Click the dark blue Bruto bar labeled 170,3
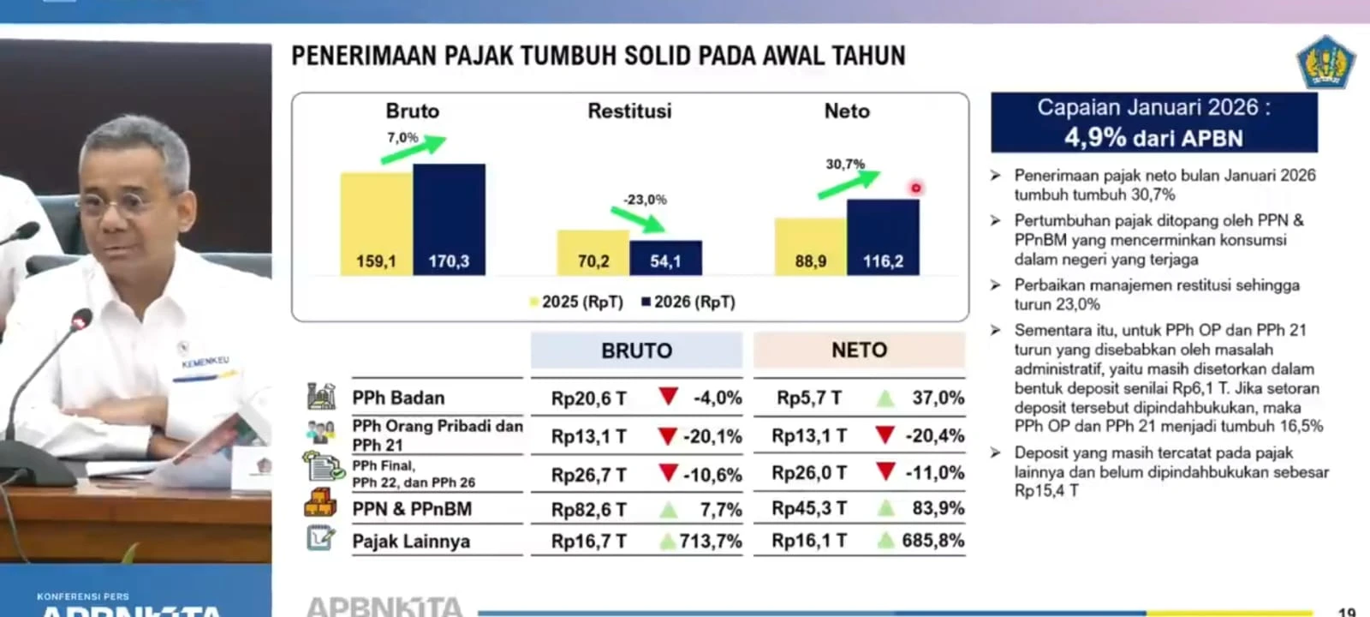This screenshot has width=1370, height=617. pyautogui.click(x=449, y=219)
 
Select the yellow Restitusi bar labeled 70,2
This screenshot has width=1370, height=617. pyautogui.click(x=593, y=253)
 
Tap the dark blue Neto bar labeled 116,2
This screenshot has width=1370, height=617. pyautogui.click(x=883, y=237)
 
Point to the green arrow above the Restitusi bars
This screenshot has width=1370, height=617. pyautogui.click(x=643, y=220)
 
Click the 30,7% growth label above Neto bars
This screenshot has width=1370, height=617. pyautogui.click(x=845, y=164)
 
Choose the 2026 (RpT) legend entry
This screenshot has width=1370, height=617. pyautogui.click(x=688, y=302)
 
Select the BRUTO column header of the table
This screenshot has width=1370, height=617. pyautogui.click(x=636, y=350)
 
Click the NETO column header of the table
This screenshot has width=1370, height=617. pyautogui.click(x=859, y=350)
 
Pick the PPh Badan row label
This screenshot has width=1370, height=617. pyautogui.click(x=398, y=398)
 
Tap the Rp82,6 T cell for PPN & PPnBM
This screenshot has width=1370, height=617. pyautogui.click(x=589, y=510)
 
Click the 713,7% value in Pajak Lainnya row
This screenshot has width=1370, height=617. pyautogui.click(x=711, y=542)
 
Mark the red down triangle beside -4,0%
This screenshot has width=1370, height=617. pyautogui.click(x=669, y=396)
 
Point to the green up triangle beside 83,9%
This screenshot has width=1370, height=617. pyautogui.click(x=885, y=509)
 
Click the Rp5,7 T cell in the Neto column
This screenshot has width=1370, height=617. pyautogui.click(x=809, y=398)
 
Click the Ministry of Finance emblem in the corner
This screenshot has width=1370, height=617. pyautogui.click(x=1325, y=62)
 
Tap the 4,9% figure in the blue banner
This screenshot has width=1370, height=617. pyautogui.click(x=1095, y=137)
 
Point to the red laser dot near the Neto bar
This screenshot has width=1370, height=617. pyautogui.click(x=916, y=188)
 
